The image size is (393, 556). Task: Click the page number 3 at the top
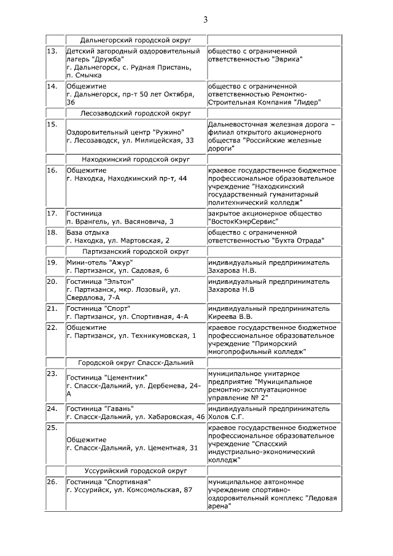pos(206,20)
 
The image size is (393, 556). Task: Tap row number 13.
pos(52,50)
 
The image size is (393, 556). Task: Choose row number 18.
pos(52,232)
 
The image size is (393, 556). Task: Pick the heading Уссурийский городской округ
pos(136,470)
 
